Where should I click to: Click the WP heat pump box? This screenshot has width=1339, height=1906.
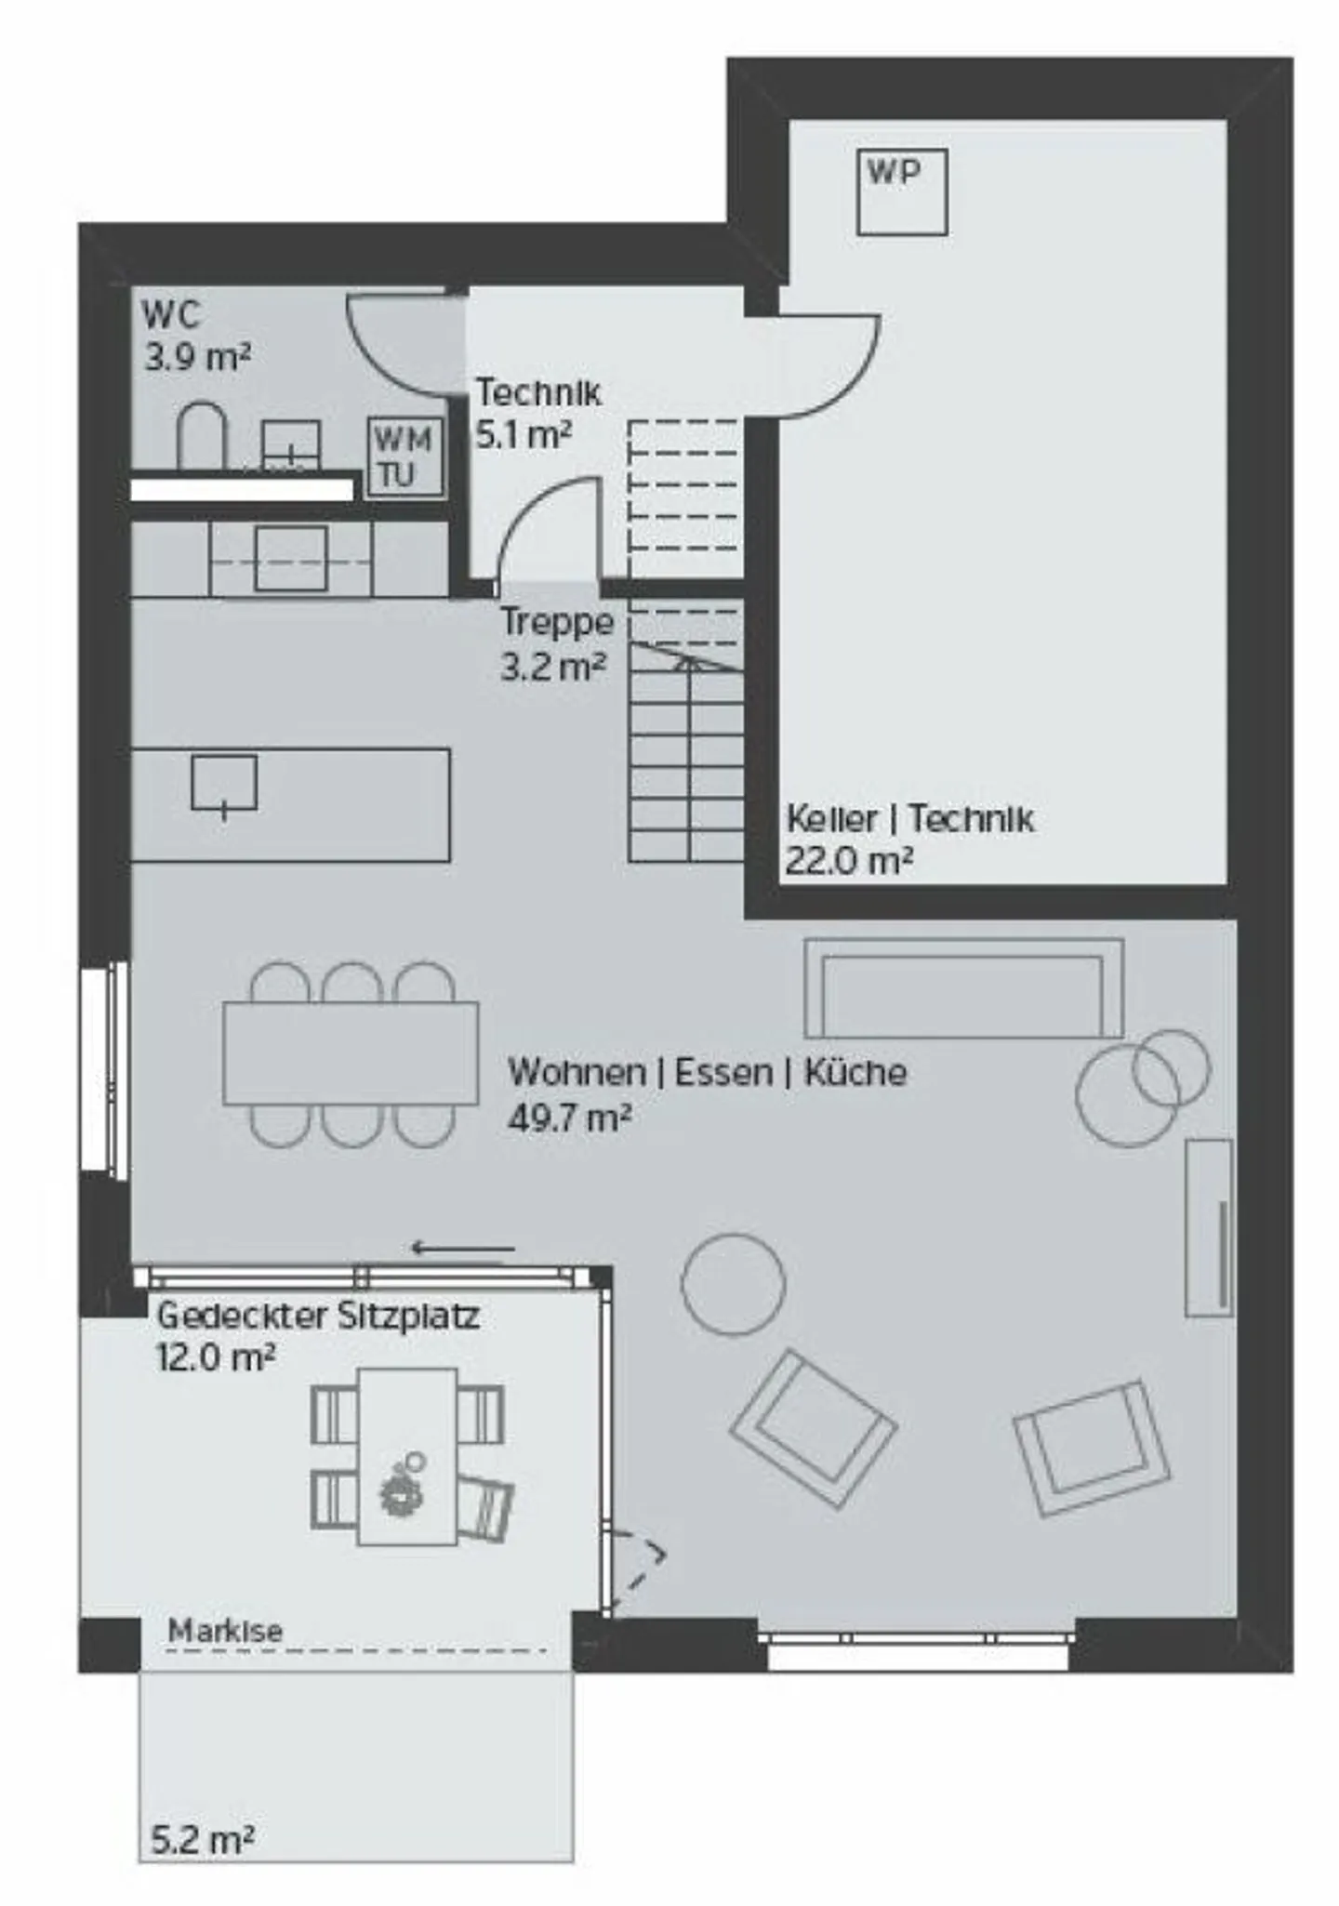(x=902, y=192)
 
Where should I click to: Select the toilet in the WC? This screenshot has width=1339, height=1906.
(x=202, y=435)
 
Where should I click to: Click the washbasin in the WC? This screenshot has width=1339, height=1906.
(x=291, y=445)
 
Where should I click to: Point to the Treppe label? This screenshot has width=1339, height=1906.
(x=557, y=622)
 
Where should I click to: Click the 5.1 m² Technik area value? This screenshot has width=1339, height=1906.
(x=524, y=434)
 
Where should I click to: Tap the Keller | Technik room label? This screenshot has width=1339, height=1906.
(x=910, y=819)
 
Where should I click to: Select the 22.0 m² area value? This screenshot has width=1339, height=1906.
(x=849, y=861)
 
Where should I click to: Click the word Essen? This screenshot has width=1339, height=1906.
(x=723, y=1072)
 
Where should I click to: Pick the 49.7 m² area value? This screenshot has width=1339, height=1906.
(x=570, y=1117)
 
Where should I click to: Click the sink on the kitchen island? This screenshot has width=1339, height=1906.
(x=224, y=784)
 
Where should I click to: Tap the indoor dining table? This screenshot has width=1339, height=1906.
(x=351, y=1052)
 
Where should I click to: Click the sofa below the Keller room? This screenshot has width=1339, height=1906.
(x=963, y=987)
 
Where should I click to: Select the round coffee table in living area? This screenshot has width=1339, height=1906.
(x=733, y=1284)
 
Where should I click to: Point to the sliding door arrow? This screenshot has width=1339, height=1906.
(x=463, y=1248)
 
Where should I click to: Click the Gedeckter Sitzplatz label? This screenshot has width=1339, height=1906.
(x=318, y=1316)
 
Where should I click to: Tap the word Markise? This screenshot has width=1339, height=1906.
(x=225, y=1631)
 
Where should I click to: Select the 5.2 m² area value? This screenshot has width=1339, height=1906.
(x=203, y=1839)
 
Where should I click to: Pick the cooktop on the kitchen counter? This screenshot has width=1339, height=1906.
(x=291, y=559)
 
